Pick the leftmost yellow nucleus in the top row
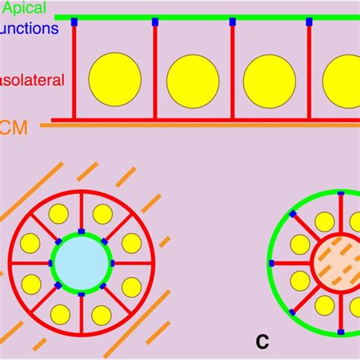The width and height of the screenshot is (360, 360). click(115, 80)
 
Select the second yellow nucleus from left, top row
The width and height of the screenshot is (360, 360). click(193, 81)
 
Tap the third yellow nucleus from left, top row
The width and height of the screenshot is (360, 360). click(270, 81)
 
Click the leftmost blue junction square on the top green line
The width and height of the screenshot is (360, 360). click(74, 22)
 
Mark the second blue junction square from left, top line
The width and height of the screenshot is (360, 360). click(154, 22)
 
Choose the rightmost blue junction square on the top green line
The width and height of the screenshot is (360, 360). click(310, 22)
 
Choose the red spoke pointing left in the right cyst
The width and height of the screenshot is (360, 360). click(292, 264)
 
